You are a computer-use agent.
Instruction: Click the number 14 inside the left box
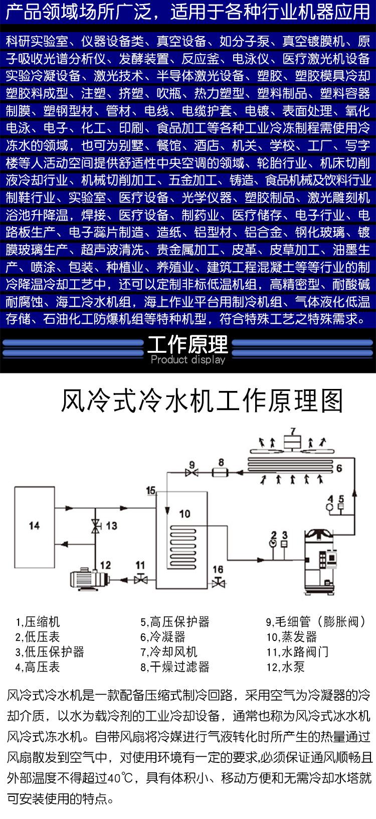[34, 526]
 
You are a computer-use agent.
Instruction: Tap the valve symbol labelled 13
[96, 526]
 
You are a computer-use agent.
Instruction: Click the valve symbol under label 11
[140, 579]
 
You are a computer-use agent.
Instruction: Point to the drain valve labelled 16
[219, 581]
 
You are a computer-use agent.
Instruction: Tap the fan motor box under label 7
[293, 443]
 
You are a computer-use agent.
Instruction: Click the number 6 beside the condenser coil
[339, 468]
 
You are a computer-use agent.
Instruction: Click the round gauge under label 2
[273, 543]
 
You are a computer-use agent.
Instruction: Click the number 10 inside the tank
[184, 514]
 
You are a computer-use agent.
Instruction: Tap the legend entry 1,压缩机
[37, 622]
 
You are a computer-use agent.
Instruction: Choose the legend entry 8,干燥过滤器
[175, 667]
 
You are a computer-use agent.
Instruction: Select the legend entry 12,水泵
[285, 667]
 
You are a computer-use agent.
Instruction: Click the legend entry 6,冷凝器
[163, 637]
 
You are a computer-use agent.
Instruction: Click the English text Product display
[188, 359]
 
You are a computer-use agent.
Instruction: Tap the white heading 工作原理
[188, 344]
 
